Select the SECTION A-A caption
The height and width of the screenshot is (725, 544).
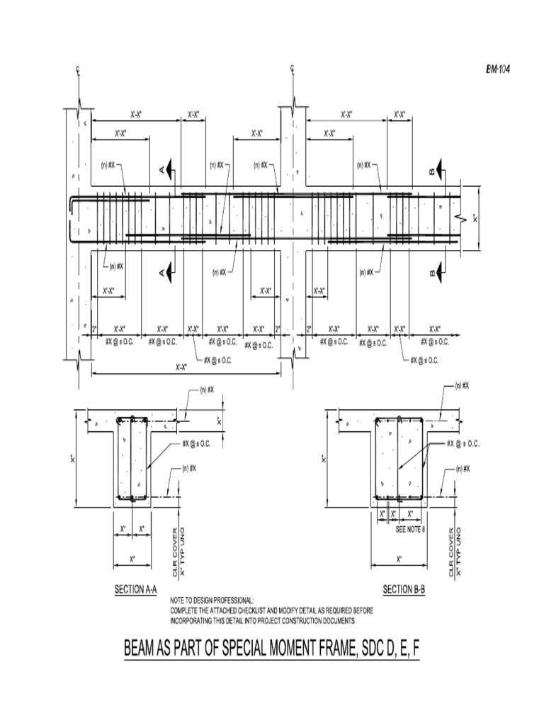[135, 589]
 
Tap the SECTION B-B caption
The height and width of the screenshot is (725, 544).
[403, 589]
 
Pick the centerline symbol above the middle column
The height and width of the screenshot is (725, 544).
[293, 69]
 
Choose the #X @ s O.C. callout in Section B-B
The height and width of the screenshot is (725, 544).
[463, 444]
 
